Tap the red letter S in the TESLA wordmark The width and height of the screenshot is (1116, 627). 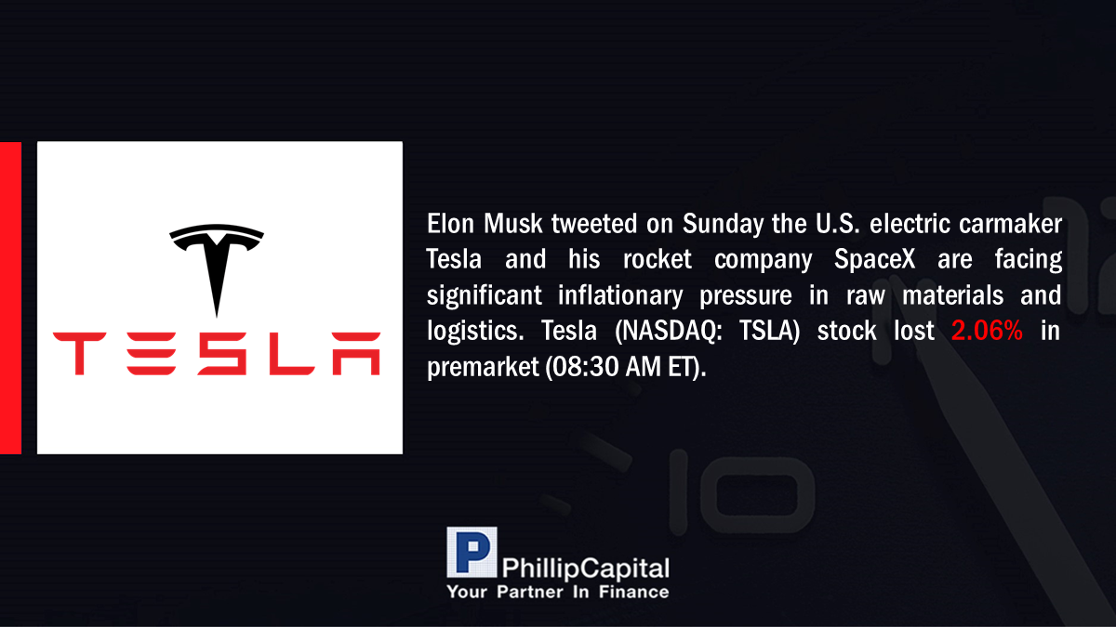[x=222, y=354]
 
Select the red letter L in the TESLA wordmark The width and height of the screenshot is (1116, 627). [x=292, y=354]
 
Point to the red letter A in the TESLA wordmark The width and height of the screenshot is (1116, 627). [x=357, y=354]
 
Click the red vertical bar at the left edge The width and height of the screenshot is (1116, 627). [x=10, y=298]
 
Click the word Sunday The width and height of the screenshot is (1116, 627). [x=723, y=225]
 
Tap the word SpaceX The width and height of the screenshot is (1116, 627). [x=875, y=260]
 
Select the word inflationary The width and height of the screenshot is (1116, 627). [x=620, y=296]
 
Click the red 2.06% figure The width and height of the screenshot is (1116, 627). [x=987, y=331]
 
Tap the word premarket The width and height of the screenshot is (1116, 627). [x=483, y=368]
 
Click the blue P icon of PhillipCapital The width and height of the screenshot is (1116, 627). [x=472, y=553]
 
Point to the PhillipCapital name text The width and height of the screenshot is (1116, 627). [x=586, y=568]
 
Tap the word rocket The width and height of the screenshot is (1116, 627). [x=658, y=259]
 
